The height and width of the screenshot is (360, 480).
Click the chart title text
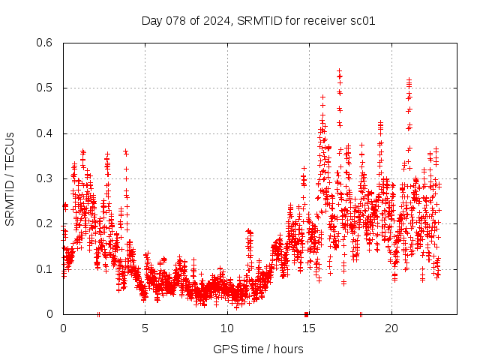[258, 20]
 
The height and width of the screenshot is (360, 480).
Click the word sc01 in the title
[362, 20]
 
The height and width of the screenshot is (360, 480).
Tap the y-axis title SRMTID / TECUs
[10, 178]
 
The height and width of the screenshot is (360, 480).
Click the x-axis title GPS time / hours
[258, 349]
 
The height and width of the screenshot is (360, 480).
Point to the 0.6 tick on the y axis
[46, 43]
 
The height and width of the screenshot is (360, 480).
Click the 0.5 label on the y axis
[46, 88]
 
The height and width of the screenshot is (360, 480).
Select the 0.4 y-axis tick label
[46, 133]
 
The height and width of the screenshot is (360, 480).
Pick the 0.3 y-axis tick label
[46, 178]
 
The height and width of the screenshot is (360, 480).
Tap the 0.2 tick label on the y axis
[46, 224]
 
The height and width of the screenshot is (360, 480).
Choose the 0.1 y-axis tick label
[46, 269]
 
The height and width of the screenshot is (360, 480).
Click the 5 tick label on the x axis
[145, 328]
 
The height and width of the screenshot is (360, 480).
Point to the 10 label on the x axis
[227, 328]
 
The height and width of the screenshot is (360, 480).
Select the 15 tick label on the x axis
[309, 328]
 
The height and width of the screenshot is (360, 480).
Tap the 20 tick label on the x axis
[391, 328]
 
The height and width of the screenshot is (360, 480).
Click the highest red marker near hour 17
[339, 70]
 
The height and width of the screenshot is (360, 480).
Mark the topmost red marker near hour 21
[409, 79]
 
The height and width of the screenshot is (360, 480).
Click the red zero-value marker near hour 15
[306, 313]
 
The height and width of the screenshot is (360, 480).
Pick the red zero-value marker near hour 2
[98, 313]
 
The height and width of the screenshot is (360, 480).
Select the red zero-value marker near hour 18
[361, 313]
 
